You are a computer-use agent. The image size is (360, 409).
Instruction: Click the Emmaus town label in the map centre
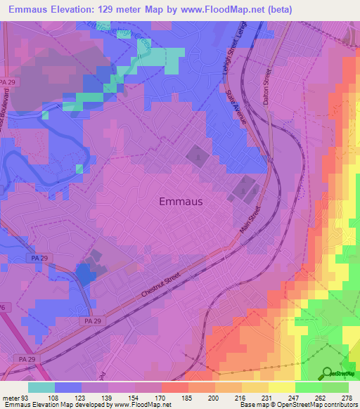181,201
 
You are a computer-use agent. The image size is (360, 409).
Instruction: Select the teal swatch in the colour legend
41,387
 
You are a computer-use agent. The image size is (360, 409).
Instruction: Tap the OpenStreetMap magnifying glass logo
326,373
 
